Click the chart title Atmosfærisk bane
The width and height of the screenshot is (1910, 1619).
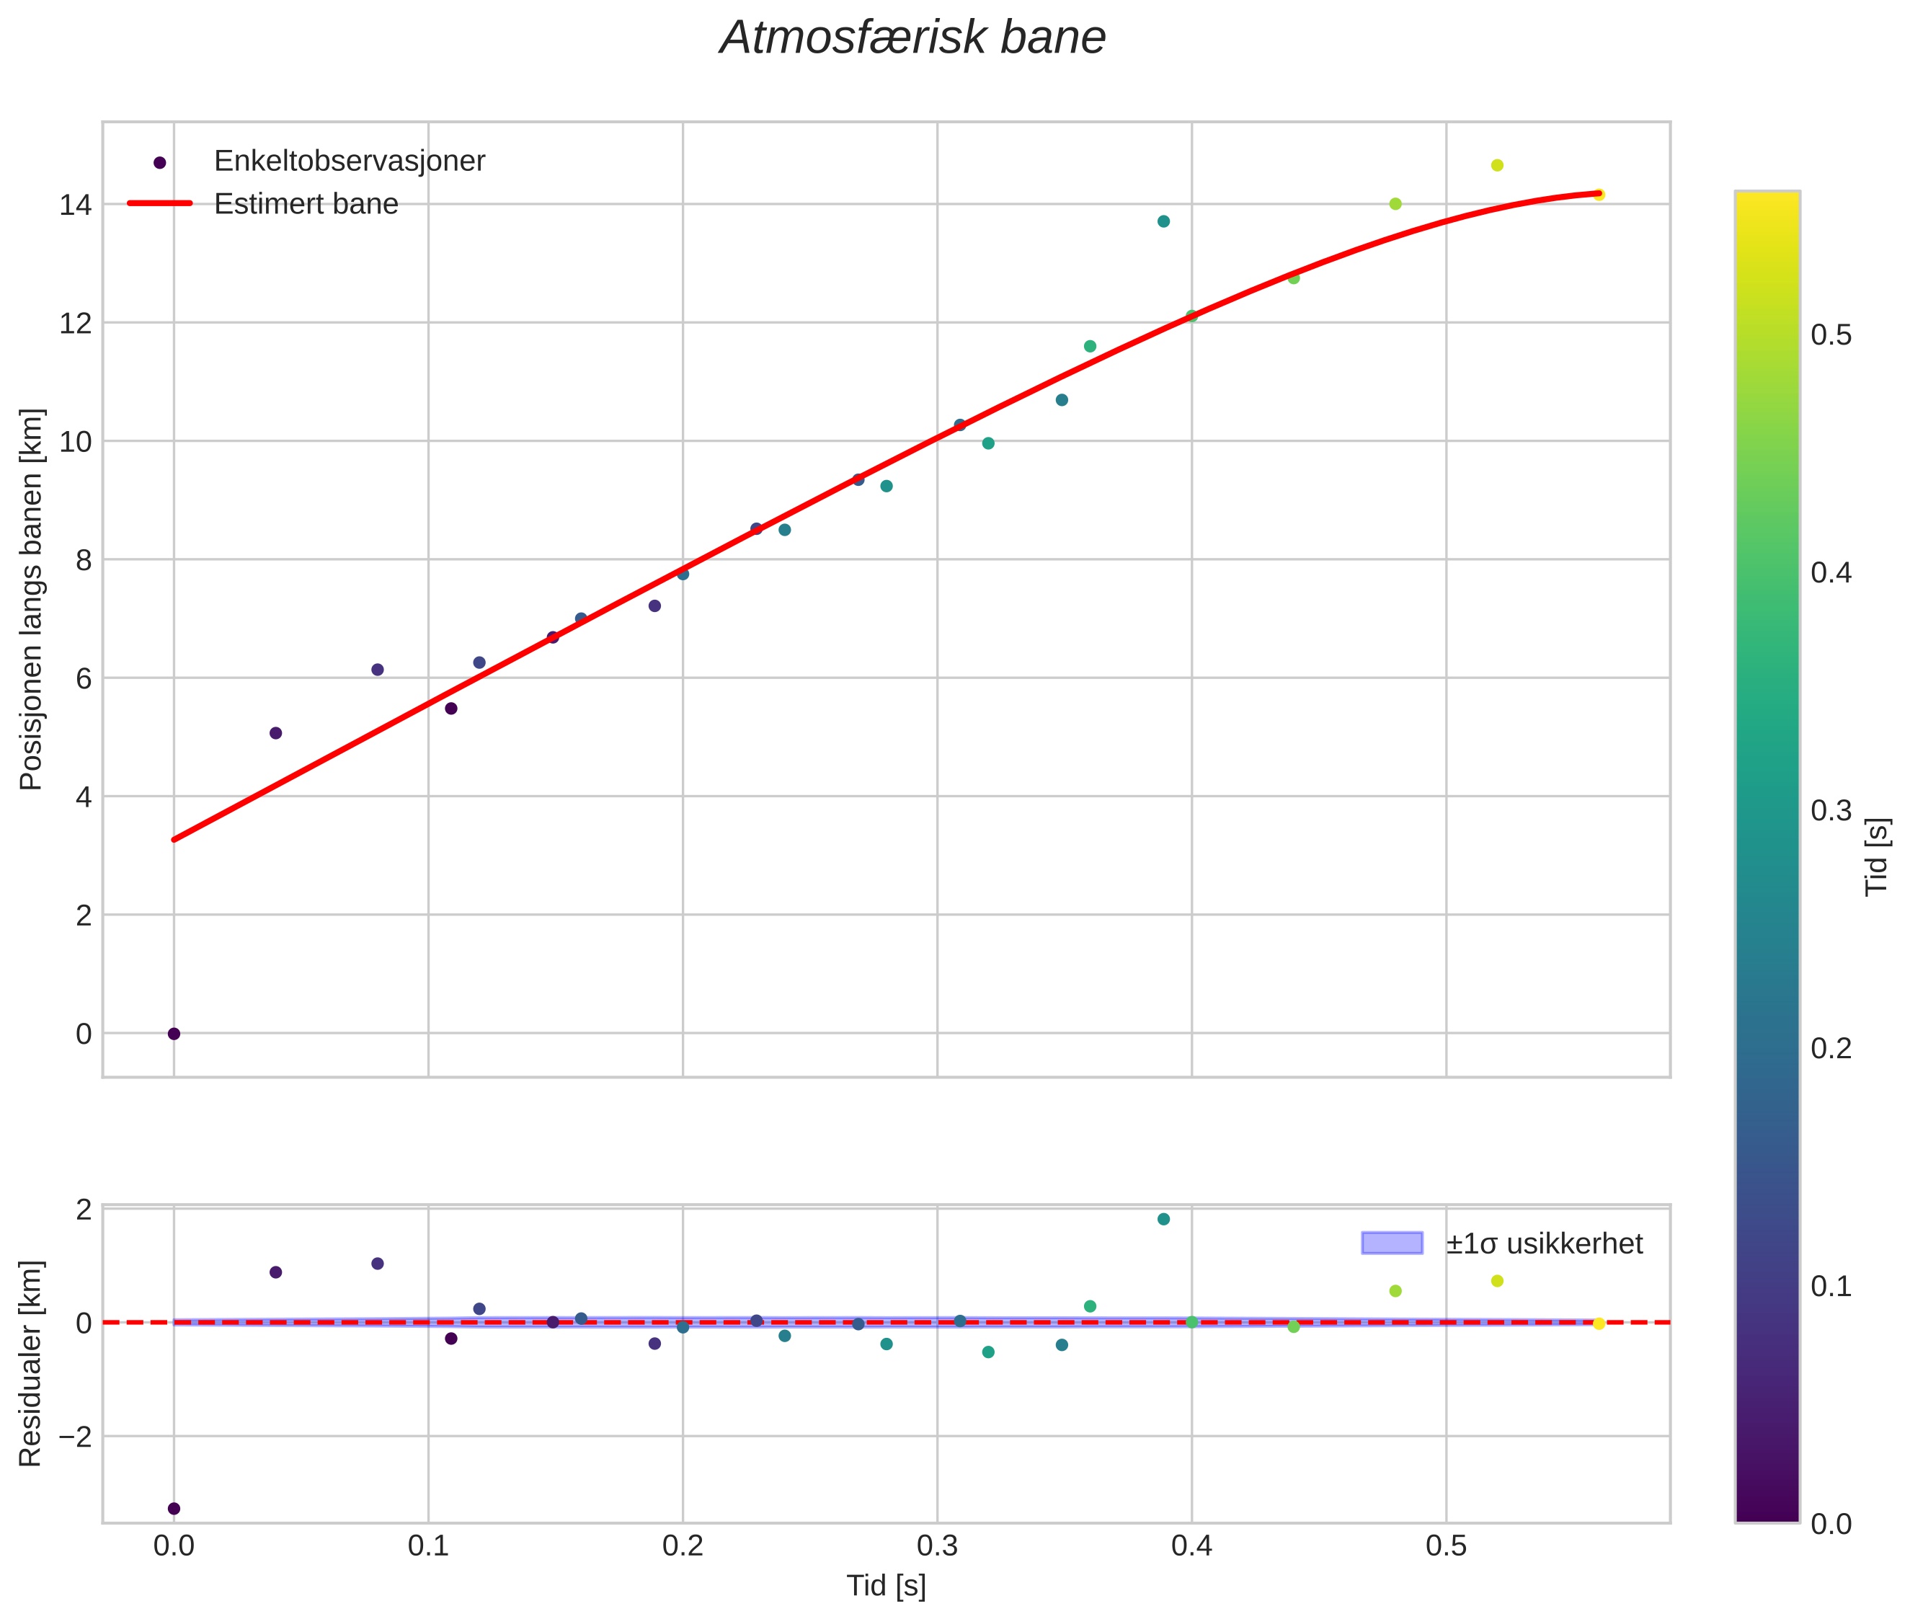912,38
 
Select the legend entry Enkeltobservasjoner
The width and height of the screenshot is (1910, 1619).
349,161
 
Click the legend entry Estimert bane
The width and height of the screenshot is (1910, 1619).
306,204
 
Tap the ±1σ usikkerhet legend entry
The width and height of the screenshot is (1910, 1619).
1544,1243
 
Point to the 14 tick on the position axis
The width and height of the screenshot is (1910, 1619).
76,205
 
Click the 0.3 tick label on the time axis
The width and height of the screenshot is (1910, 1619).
937,1546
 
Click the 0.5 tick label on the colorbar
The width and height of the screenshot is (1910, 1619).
1830,335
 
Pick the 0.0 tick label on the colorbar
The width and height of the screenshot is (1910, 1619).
1830,1525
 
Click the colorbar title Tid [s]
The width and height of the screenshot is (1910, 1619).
1877,856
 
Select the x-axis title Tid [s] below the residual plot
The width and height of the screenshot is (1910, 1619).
886,1586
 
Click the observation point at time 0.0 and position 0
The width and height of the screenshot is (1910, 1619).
174,1034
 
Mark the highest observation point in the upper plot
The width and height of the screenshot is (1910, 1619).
1497,165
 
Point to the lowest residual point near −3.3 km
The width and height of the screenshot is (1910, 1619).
174,1509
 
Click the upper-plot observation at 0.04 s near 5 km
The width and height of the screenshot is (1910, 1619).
275,733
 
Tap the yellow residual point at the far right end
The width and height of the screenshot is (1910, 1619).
1599,1324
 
